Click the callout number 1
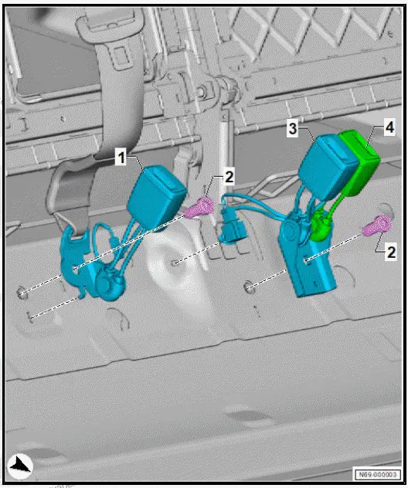(121, 158)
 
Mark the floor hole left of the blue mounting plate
(248, 287)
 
